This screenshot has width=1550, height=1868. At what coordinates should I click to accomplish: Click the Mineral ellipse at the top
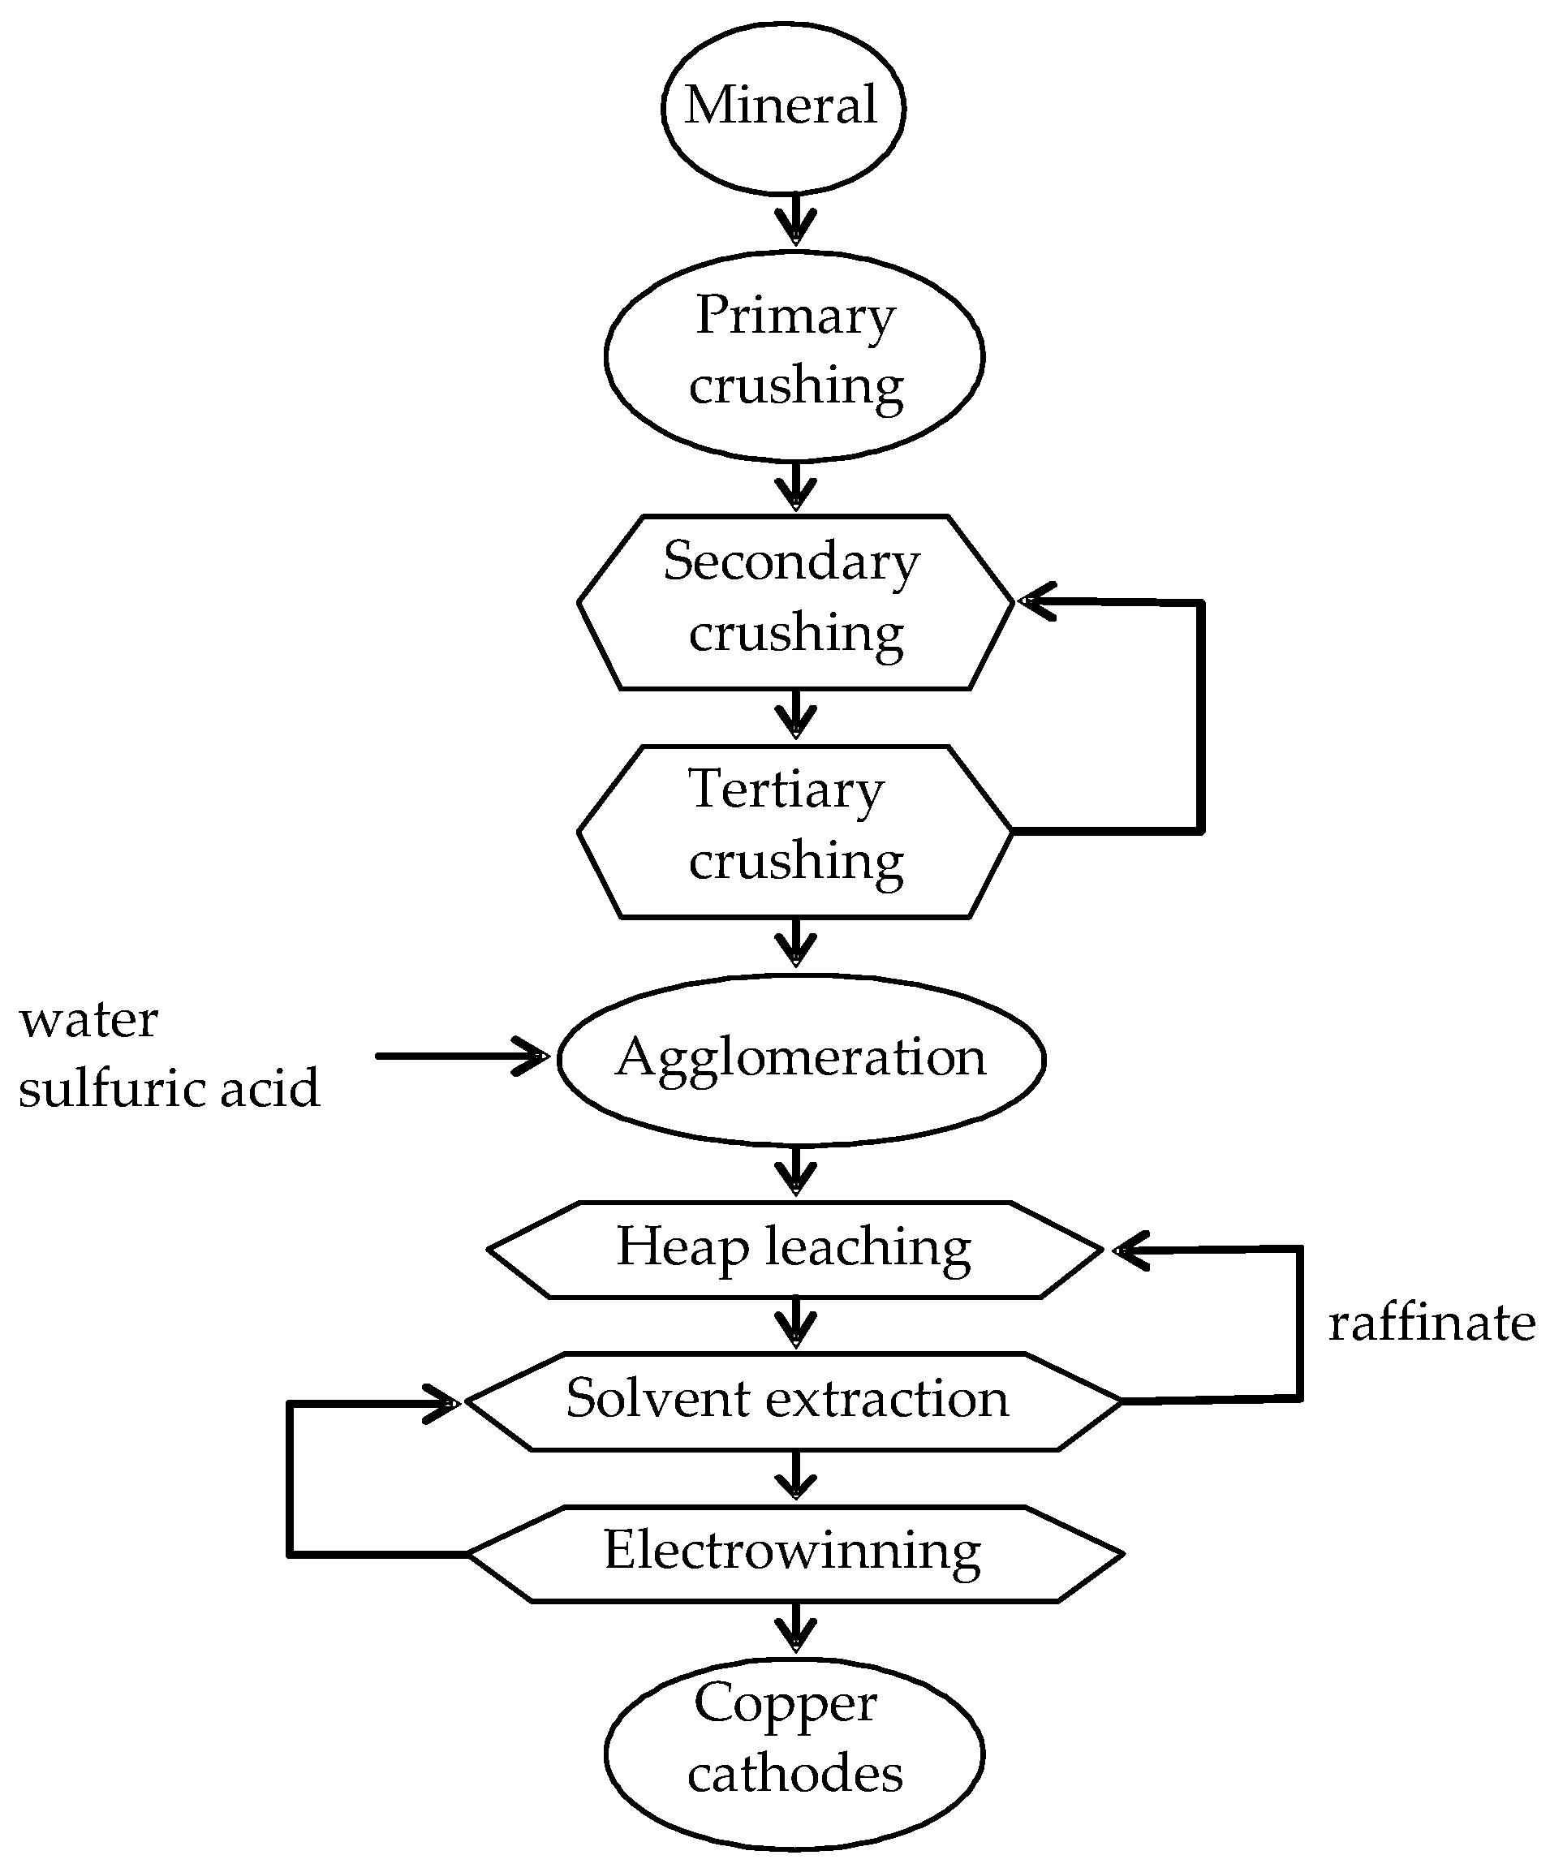click(x=783, y=107)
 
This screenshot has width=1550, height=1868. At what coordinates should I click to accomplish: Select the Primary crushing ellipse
click(x=794, y=355)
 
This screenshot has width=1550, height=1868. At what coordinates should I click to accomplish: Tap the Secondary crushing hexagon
click(x=795, y=602)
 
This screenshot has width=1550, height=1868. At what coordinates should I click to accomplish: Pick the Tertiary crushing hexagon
click(x=795, y=832)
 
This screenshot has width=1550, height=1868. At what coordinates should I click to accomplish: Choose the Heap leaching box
click(x=794, y=1250)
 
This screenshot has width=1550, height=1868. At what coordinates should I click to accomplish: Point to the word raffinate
click(x=1432, y=1323)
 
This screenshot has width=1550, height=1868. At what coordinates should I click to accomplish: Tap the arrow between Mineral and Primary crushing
click(x=795, y=220)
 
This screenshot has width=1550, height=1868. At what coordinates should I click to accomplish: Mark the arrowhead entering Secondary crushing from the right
click(x=1036, y=602)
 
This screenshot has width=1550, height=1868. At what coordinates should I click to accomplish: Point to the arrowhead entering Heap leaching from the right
click(x=1132, y=1251)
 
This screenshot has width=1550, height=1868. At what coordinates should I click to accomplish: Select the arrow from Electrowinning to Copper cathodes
click(x=795, y=1628)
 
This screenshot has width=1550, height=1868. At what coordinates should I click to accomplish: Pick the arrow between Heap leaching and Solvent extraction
click(x=795, y=1324)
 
